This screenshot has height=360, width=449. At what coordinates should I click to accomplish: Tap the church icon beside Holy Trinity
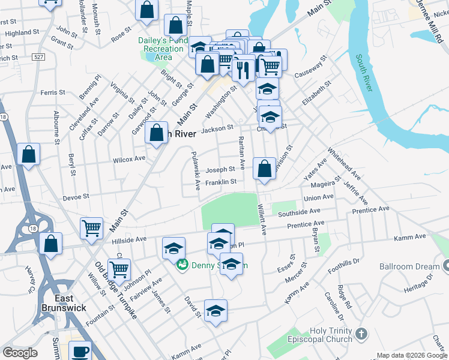pyautogui.click(x=361, y=333)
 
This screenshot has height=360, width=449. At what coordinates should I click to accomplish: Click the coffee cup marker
pyautogui.click(x=80, y=351)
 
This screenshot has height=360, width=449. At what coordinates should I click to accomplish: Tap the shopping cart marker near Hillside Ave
pyautogui.click(x=91, y=228)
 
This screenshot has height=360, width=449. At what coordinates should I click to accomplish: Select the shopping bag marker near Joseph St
pyautogui.click(x=264, y=169)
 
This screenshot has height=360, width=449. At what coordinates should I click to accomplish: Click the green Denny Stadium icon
pyautogui.click(x=182, y=263)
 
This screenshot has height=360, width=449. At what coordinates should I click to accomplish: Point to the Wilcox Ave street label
pyautogui.click(x=129, y=159)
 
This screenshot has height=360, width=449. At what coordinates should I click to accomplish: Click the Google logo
pyautogui.click(x=20, y=353)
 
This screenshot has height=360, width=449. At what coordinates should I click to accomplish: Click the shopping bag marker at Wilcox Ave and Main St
pyautogui.click(x=157, y=134)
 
